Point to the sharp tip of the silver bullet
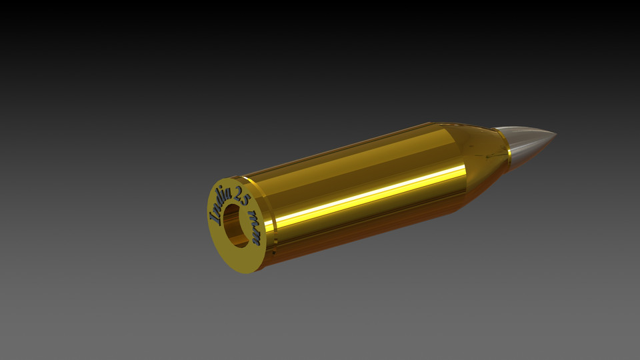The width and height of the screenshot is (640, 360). click(x=555, y=135)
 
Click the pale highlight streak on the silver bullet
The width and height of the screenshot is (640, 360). click(x=527, y=133)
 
